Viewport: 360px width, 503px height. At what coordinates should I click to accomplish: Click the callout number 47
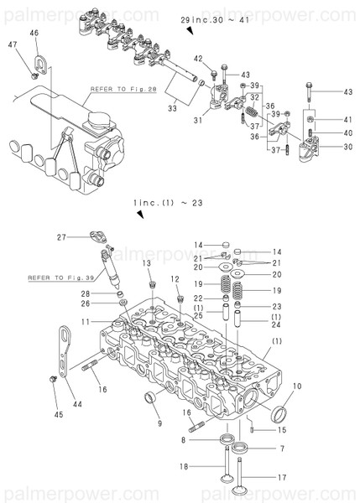click(x=12, y=44)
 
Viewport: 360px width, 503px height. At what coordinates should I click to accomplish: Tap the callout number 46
click(x=34, y=33)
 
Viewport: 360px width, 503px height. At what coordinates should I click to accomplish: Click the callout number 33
click(x=173, y=107)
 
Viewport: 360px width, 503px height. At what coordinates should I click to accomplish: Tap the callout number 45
click(x=57, y=413)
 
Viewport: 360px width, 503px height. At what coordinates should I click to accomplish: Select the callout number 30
click(x=348, y=147)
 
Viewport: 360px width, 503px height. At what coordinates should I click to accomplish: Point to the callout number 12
click(x=175, y=279)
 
